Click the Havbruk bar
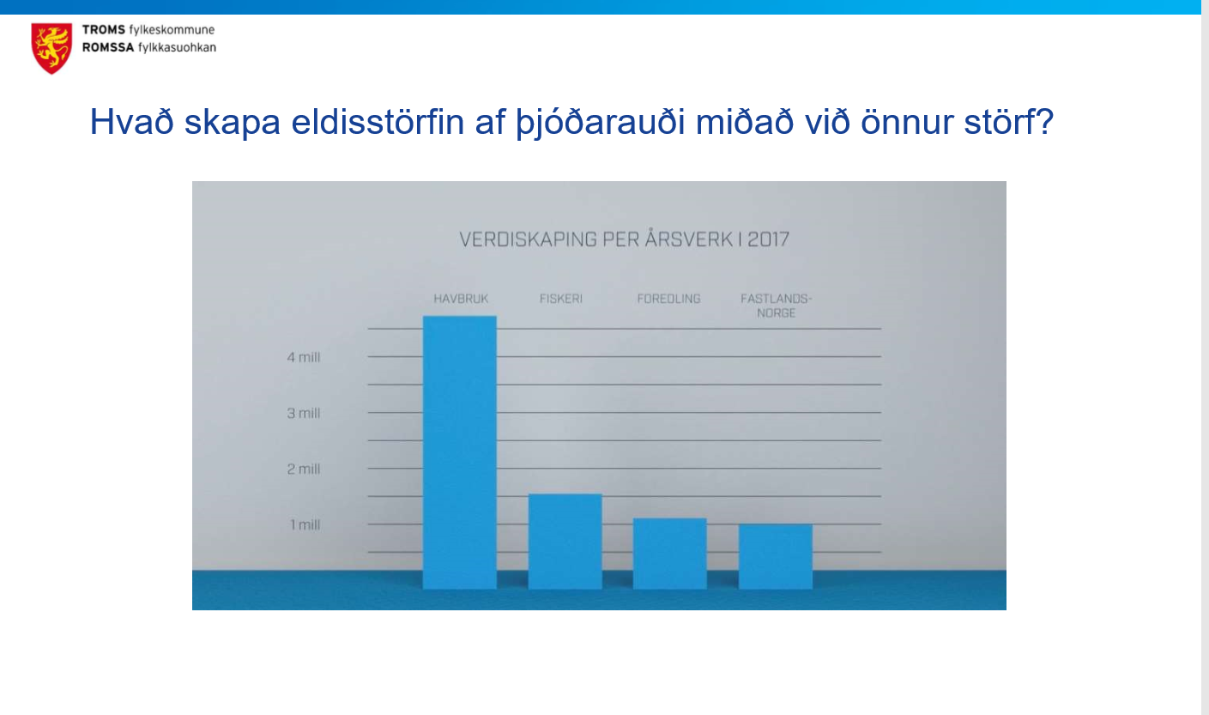[459, 452]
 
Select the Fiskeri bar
[565, 541]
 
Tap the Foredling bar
[670, 554]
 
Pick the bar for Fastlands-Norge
[776, 556]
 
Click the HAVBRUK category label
[461, 299]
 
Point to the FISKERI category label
[561, 299]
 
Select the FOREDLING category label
[668, 299]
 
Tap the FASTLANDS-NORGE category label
[777, 306]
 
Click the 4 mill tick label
[304, 357]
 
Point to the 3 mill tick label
[304, 413]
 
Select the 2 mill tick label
[304, 469]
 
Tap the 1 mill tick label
[305, 524]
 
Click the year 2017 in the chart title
[769, 239]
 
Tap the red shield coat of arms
[51, 48]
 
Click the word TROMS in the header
[104, 30]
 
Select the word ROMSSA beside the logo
[108, 47]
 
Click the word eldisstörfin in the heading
[378, 122]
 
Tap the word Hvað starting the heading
[131, 122]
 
